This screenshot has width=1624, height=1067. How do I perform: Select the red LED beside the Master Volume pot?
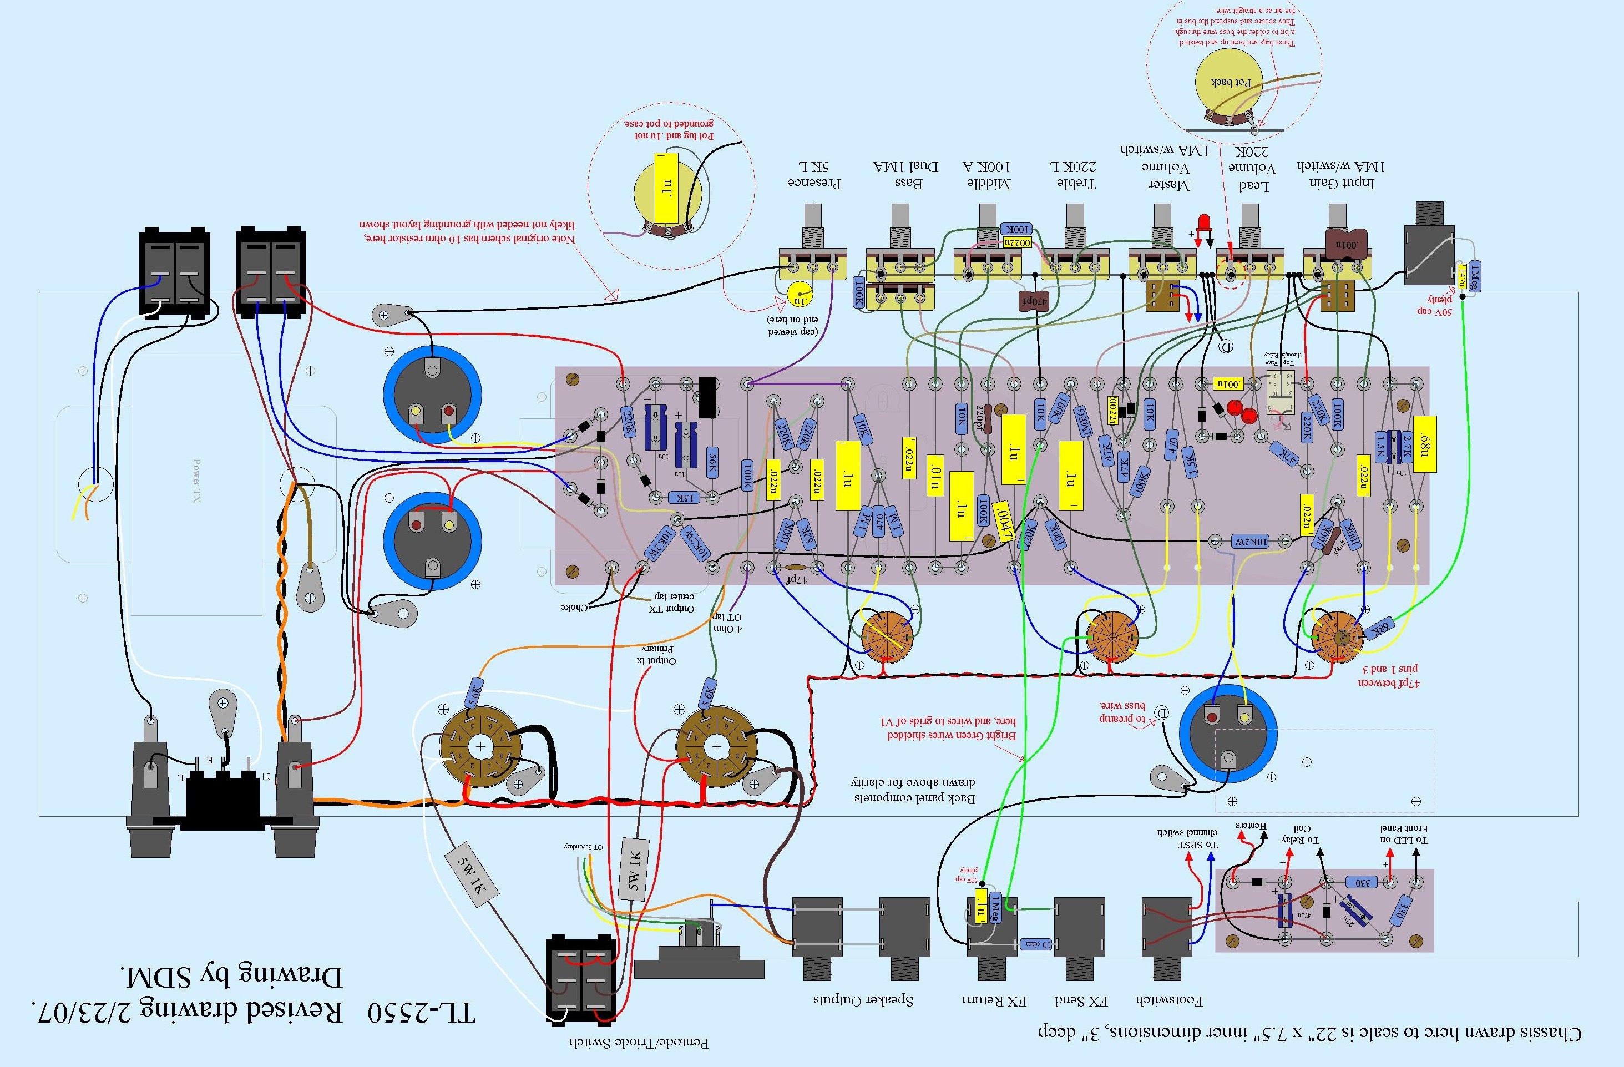1205,222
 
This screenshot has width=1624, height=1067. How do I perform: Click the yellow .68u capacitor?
1425,444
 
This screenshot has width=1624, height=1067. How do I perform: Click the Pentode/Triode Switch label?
639,1043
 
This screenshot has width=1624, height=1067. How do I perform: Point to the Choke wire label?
574,607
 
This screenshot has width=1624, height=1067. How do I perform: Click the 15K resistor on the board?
686,498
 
